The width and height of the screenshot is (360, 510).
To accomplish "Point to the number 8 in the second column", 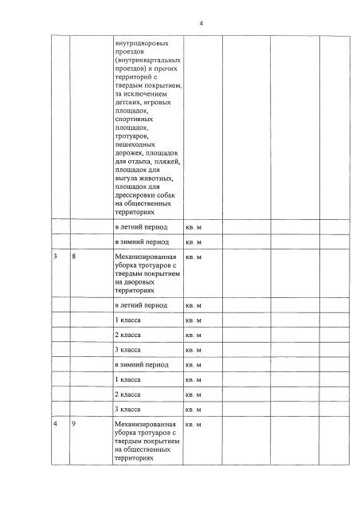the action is pyautogui.click(x=73, y=257).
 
